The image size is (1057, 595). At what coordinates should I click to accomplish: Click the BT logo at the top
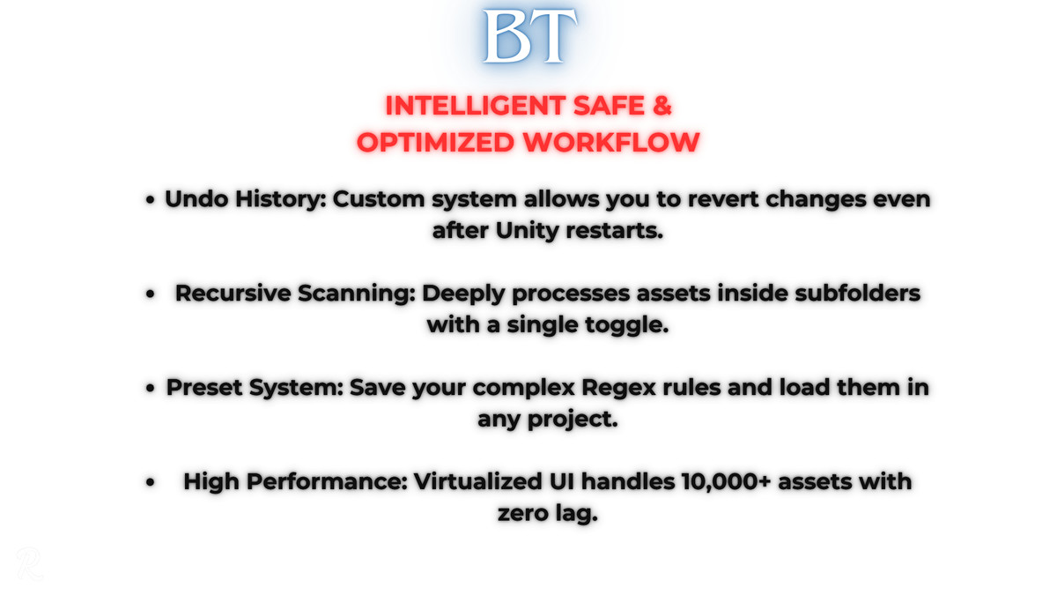(528, 36)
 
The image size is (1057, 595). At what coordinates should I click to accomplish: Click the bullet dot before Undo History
(151, 200)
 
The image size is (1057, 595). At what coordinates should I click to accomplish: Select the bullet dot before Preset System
(151, 389)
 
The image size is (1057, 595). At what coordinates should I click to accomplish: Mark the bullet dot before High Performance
(151, 483)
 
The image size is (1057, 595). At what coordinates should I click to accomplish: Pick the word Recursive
(236, 294)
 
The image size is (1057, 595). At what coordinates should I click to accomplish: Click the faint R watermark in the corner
(29, 564)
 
